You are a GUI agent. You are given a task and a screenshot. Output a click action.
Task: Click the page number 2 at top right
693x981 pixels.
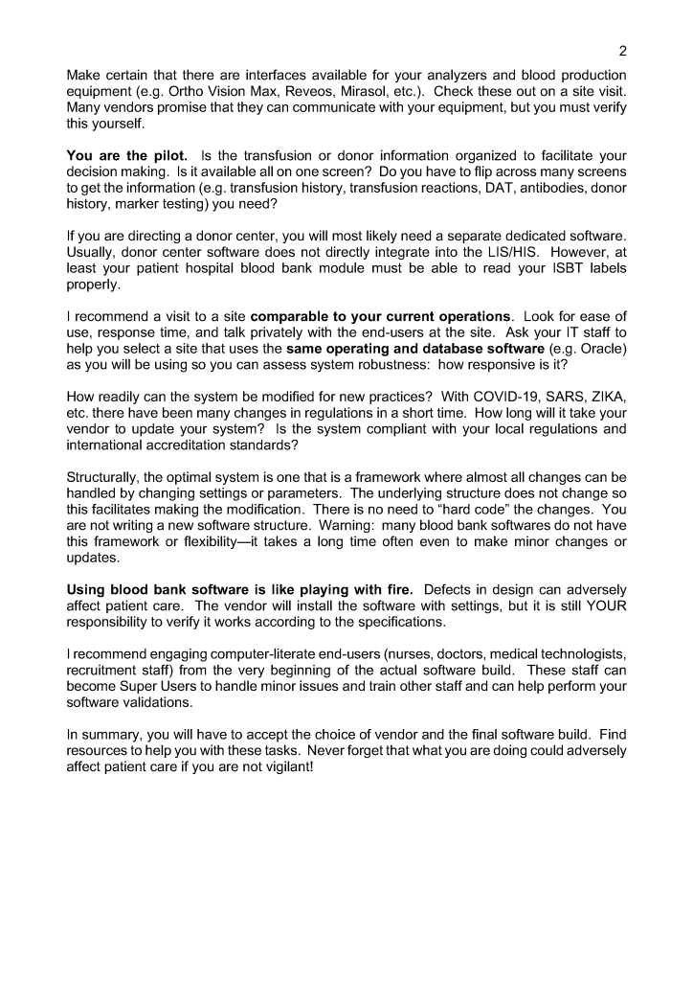pos(623,51)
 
